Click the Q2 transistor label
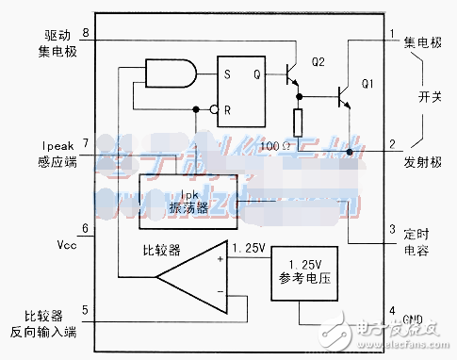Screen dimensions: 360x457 (318, 62)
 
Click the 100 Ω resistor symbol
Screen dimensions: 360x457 (298, 123)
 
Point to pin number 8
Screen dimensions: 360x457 (86, 34)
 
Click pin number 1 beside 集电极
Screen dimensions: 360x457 (392, 35)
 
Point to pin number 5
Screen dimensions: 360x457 (86, 307)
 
